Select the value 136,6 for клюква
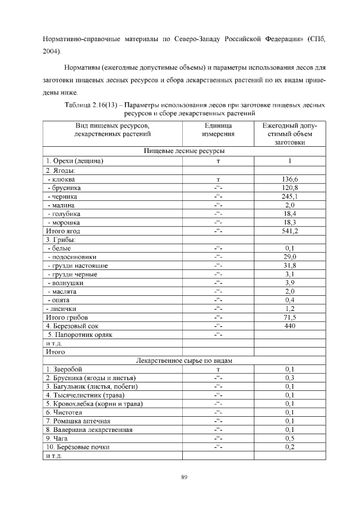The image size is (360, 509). coord(290,179)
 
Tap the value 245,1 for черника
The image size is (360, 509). coord(290,196)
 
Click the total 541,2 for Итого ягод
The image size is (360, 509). coord(290,231)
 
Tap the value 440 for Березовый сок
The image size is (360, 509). coord(290,326)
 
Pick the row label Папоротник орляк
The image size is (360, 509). coord(80,335)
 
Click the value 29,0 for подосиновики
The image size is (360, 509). coord(290,256)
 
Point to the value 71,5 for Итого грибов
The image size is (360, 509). coord(290,317)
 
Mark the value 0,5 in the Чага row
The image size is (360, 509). coord(290,438)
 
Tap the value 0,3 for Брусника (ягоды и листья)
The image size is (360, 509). coord(290,378)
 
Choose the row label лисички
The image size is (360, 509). coord(63,309)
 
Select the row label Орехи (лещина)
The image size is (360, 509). coord(74,161)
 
